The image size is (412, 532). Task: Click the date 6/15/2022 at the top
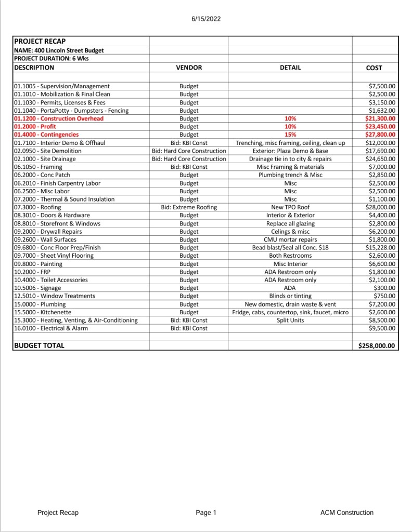[206, 19]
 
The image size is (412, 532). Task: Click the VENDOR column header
[189, 68]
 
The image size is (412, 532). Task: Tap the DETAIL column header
[290, 68]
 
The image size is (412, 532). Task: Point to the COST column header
[374, 68]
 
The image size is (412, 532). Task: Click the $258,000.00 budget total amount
[377, 345]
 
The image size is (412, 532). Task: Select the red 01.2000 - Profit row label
[35, 126]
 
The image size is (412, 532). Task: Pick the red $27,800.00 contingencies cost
[380, 135]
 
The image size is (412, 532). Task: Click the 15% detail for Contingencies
[290, 135]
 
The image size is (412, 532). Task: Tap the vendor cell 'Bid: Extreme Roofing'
[189, 207]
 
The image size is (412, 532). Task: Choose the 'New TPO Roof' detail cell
[290, 207]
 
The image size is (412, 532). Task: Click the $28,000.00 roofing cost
[380, 207]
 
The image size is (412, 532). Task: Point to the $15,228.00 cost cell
[380, 248]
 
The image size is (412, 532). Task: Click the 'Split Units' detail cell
[290, 321]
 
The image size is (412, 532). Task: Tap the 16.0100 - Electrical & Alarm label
[51, 328]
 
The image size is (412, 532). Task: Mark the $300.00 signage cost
[385, 288]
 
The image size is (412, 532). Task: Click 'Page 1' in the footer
[206, 513]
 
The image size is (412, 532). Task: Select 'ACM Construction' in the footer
[346, 513]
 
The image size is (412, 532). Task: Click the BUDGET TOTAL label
[39, 345]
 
